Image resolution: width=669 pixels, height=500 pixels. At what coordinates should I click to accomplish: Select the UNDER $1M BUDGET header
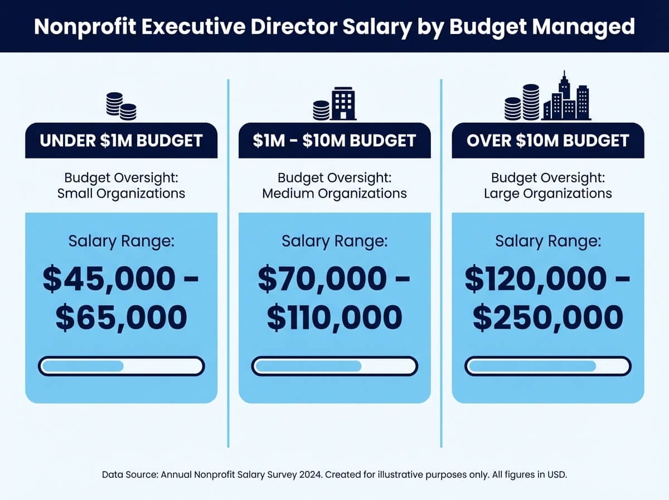121,140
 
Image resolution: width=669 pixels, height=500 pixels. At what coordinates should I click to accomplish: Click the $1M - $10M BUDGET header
334,140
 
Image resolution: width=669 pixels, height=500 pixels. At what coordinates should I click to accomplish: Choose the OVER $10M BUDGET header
548,140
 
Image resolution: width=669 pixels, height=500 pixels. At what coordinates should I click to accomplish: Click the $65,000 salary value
121,318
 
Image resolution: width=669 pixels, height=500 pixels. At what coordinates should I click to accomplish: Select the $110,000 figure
334,318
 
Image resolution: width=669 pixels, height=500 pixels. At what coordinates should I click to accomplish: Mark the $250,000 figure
548,318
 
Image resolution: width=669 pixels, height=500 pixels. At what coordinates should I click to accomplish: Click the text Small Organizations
121,194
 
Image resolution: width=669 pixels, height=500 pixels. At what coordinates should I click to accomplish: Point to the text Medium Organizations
334,194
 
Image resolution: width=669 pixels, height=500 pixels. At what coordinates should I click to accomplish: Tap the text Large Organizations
548,194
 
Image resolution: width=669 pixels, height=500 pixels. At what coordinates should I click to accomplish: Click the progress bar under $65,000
121,367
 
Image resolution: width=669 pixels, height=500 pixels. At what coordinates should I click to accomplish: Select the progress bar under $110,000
334,367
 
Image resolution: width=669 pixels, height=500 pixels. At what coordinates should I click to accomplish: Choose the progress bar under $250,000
548,367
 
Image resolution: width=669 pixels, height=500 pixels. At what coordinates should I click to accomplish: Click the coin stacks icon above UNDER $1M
121,106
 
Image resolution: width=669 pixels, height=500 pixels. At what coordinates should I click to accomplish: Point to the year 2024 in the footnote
309,474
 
